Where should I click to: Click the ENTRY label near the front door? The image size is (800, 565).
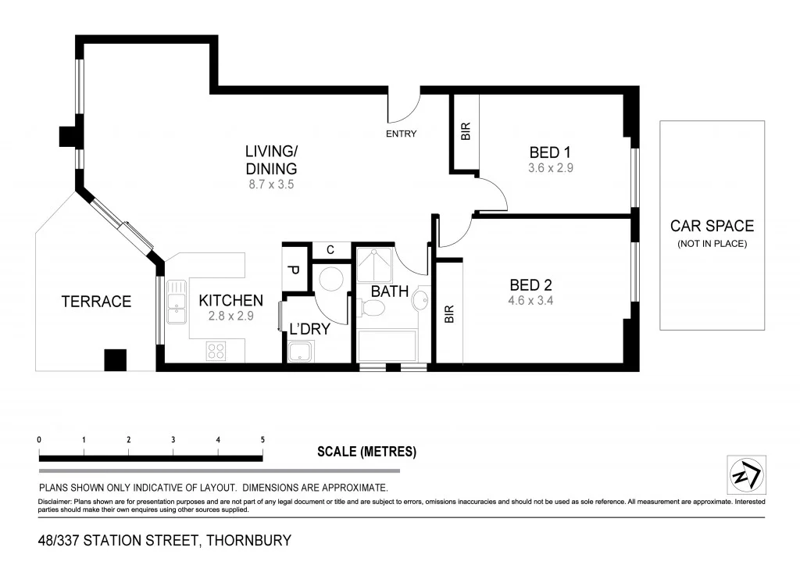coord(401,134)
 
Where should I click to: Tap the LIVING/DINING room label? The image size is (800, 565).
coord(271,159)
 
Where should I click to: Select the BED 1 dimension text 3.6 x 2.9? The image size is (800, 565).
coord(551,167)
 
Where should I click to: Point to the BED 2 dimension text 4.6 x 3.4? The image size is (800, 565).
coord(530,300)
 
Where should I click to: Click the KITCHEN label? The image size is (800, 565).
coord(230,300)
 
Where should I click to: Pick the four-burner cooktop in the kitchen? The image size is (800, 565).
coord(216,352)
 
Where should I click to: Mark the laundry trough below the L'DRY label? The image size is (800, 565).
coord(300,352)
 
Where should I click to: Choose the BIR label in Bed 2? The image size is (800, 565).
coord(449,314)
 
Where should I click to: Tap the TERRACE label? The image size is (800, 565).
coord(96,302)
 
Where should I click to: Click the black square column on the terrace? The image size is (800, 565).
coord(115,359)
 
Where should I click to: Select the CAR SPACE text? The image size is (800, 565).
coord(712,226)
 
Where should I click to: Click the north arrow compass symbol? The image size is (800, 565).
coord(746,474)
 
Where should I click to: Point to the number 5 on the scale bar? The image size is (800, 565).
coord(262,440)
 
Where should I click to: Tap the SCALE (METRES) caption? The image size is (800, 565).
coord(366,452)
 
